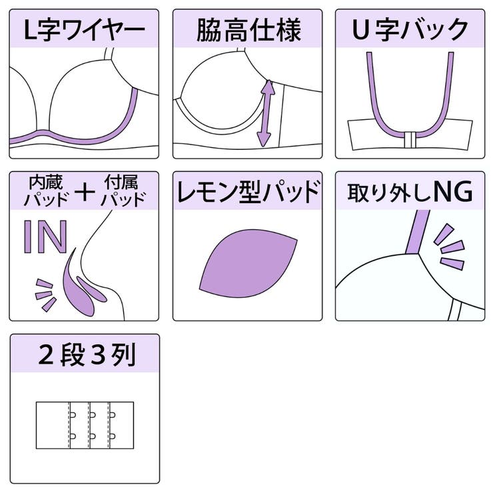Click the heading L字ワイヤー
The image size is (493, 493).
click(84, 30)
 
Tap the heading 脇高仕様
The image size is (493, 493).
click(248, 30)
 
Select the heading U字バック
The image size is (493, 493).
click(410, 29)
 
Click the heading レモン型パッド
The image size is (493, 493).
click(248, 191)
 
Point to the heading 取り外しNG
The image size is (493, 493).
click(410, 192)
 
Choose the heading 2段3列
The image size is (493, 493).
click(87, 354)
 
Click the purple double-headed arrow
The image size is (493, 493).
click(266, 113)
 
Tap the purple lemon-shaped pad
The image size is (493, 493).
click(248, 263)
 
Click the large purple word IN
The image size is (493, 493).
click(45, 237)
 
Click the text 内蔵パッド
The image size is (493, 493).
click(46, 191)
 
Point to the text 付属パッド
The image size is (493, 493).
click(123, 191)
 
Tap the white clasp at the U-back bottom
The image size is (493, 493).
click(410, 140)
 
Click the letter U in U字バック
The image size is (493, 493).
click(360, 29)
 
